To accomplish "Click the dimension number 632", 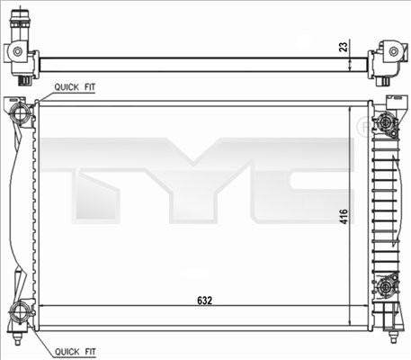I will click(206, 301).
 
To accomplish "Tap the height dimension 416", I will click(343, 216).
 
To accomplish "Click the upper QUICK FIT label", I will click(75, 87).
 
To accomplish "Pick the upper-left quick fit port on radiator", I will click(21, 112).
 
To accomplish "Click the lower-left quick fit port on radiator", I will click(21, 313).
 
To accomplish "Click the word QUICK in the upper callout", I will click(66, 87).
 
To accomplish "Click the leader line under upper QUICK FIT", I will click(45, 94).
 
